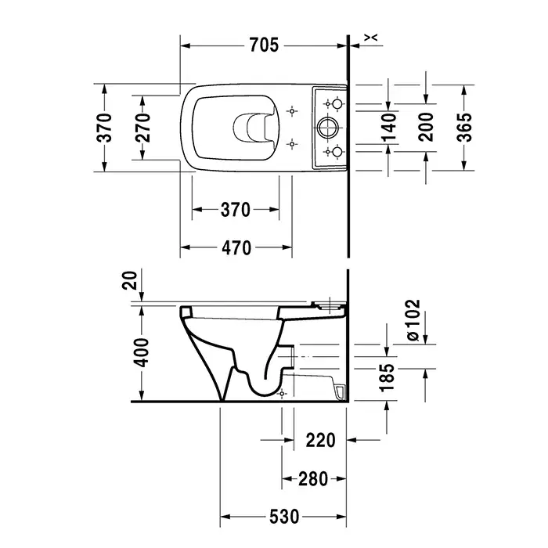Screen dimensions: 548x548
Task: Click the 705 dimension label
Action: [x=264, y=45]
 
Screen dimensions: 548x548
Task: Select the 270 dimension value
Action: [x=142, y=128]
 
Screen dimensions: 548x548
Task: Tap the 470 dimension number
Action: [x=236, y=248]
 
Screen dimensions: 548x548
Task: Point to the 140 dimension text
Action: [x=389, y=127]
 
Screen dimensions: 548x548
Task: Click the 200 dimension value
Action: [x=426, y=127]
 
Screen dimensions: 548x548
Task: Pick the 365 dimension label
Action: [x=464, y=127]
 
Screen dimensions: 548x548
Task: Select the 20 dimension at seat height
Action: [x=130, y=280]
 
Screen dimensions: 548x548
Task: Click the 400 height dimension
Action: [x=142, y=352]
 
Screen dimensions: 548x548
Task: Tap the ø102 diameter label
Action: [x=413, y=320]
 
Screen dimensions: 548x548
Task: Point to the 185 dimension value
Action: [x=387, y=378]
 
